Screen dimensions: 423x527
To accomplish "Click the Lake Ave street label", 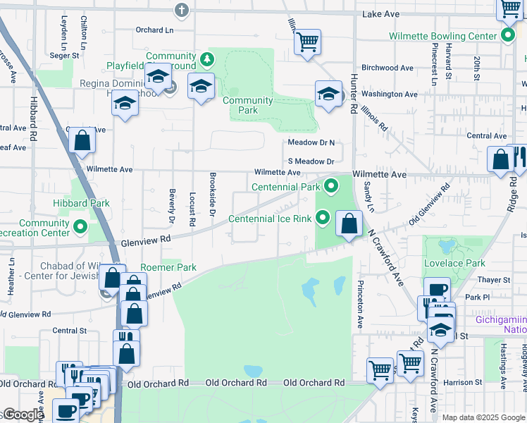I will coord(380,14).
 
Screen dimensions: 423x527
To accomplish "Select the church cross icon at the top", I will coord(182,10).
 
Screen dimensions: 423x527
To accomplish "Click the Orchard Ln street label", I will coord(154,30).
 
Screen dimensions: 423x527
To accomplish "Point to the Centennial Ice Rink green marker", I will coord(323,218).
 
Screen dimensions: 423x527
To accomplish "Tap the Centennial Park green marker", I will coord(330,187).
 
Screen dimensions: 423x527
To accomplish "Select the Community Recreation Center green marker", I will coord(80,227).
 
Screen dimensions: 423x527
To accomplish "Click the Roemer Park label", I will coord(168,267).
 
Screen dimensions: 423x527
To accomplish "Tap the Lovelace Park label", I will coord(454,263).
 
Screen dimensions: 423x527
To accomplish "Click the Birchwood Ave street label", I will coord(387,68).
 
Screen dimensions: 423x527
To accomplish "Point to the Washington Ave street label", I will coord(390,94).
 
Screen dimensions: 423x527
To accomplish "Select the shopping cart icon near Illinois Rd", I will coord(307,42).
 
